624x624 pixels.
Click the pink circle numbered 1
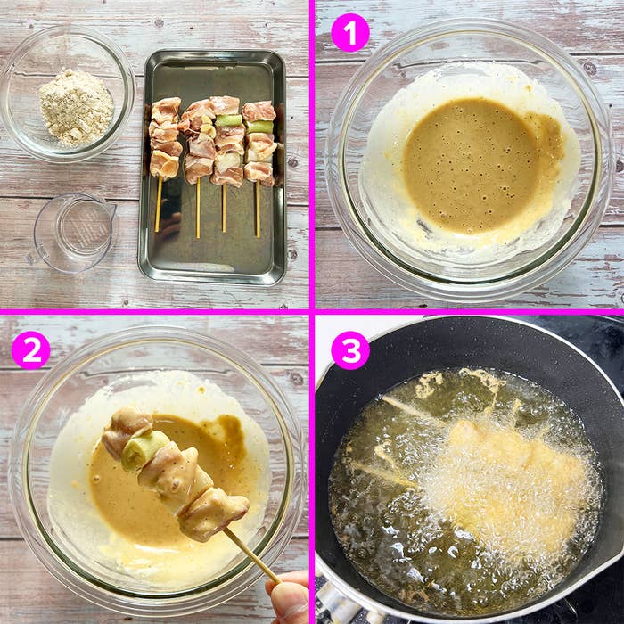[x=350, y=33]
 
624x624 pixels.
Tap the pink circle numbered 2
[x=31, y=350]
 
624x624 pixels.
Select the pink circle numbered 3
[x=350, y=350]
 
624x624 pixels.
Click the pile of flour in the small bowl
[x=77, y=107]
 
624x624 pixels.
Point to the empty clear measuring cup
[x=74, y=233]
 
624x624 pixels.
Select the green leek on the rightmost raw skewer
[x=260, y=127]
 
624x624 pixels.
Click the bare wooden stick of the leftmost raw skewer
[x=160, y=205]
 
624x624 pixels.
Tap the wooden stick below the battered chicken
[x=251, y=555]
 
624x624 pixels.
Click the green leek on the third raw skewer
[x=229, y=120]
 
